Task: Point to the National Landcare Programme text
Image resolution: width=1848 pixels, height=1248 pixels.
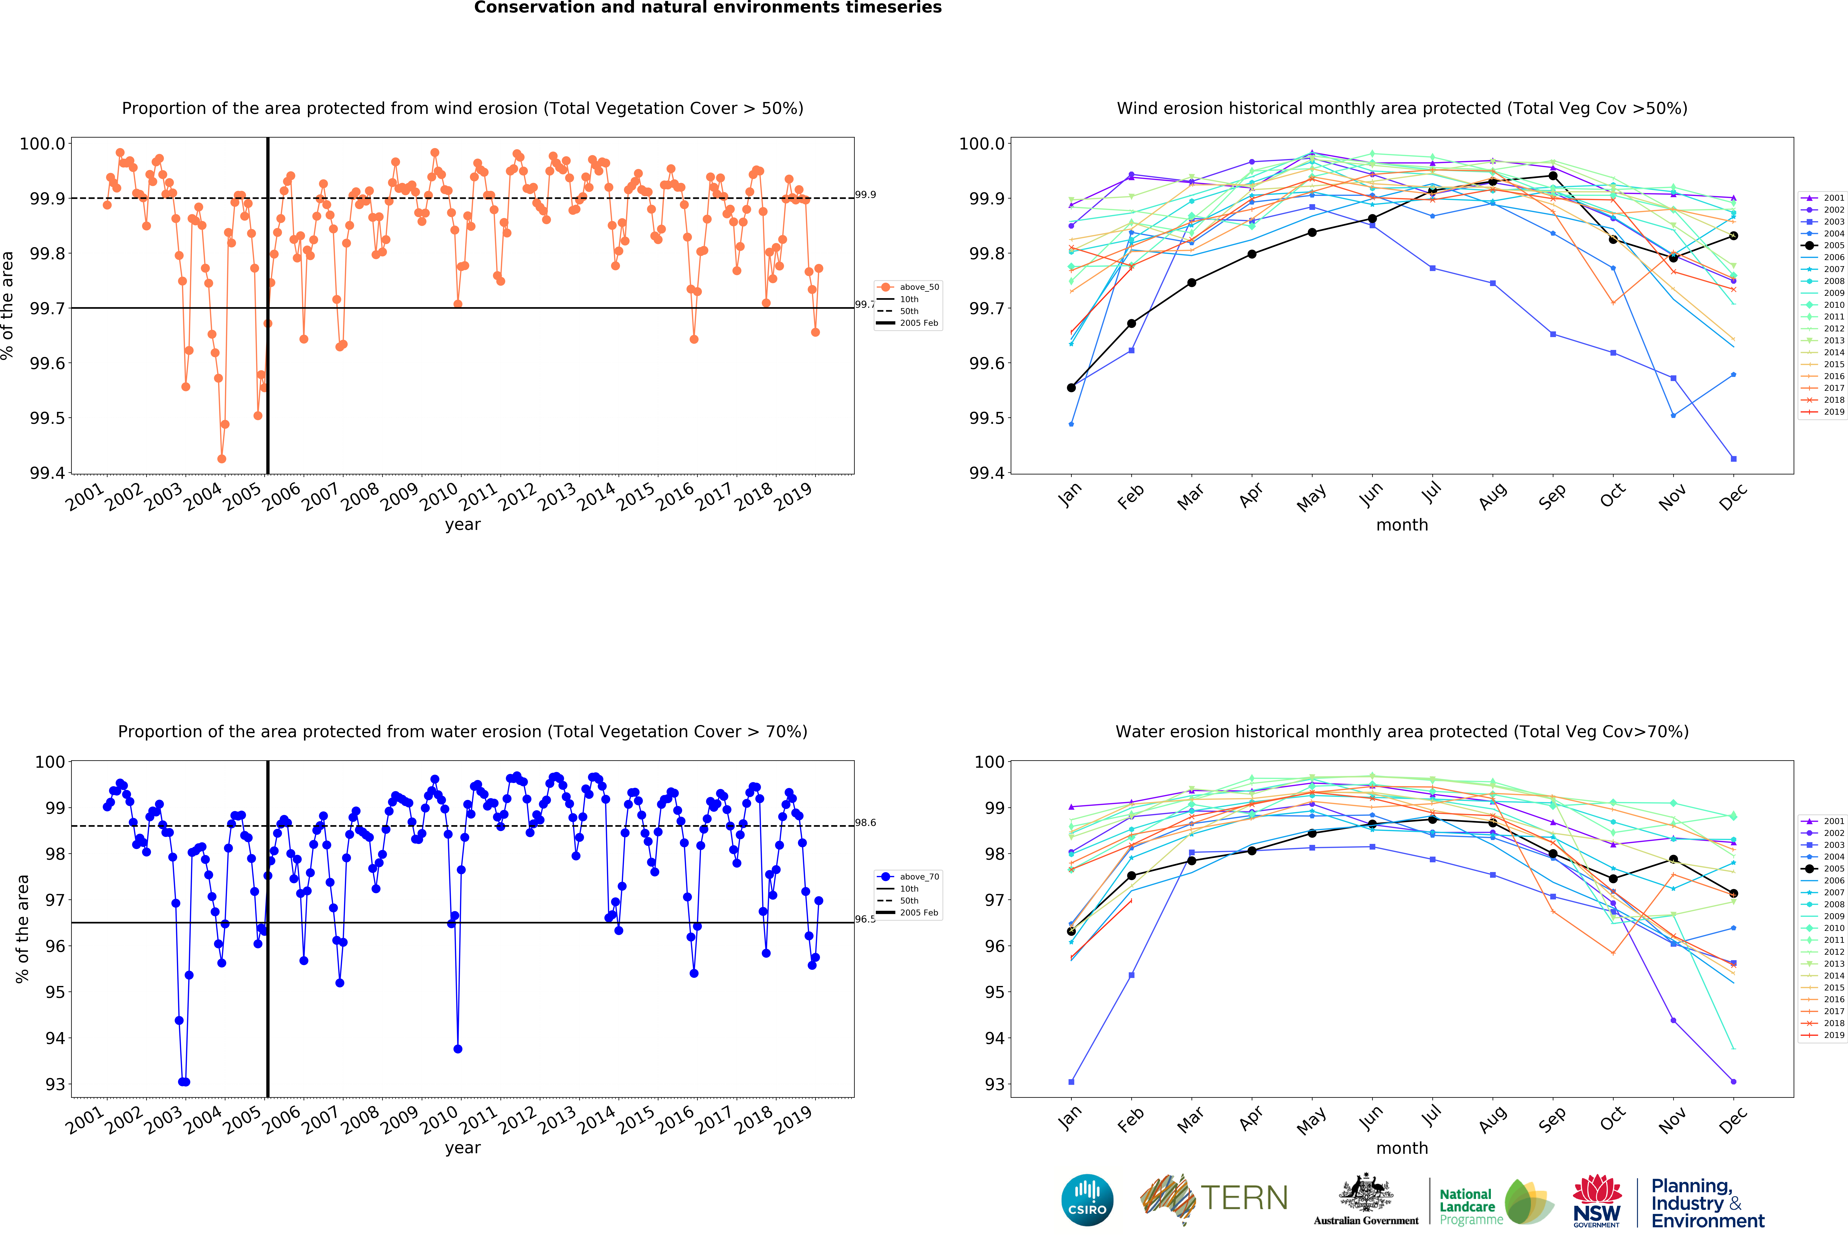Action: pyautogui.click(x=1470, y=1206)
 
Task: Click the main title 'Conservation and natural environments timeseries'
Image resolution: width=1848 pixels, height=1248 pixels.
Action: pyautogui.click(x=708, y=8)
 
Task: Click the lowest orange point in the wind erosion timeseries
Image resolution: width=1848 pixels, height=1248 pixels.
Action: pyautogui.click(x=222, y=459)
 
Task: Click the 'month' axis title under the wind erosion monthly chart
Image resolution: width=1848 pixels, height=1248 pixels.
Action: pyautogui.click(x=1402, y=525)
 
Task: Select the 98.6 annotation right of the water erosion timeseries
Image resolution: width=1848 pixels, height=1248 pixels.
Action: pyautogui.click(x=865, y=823)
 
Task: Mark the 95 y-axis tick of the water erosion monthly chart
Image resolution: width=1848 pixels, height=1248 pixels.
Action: pyautogui.click(x=994, y=992)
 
